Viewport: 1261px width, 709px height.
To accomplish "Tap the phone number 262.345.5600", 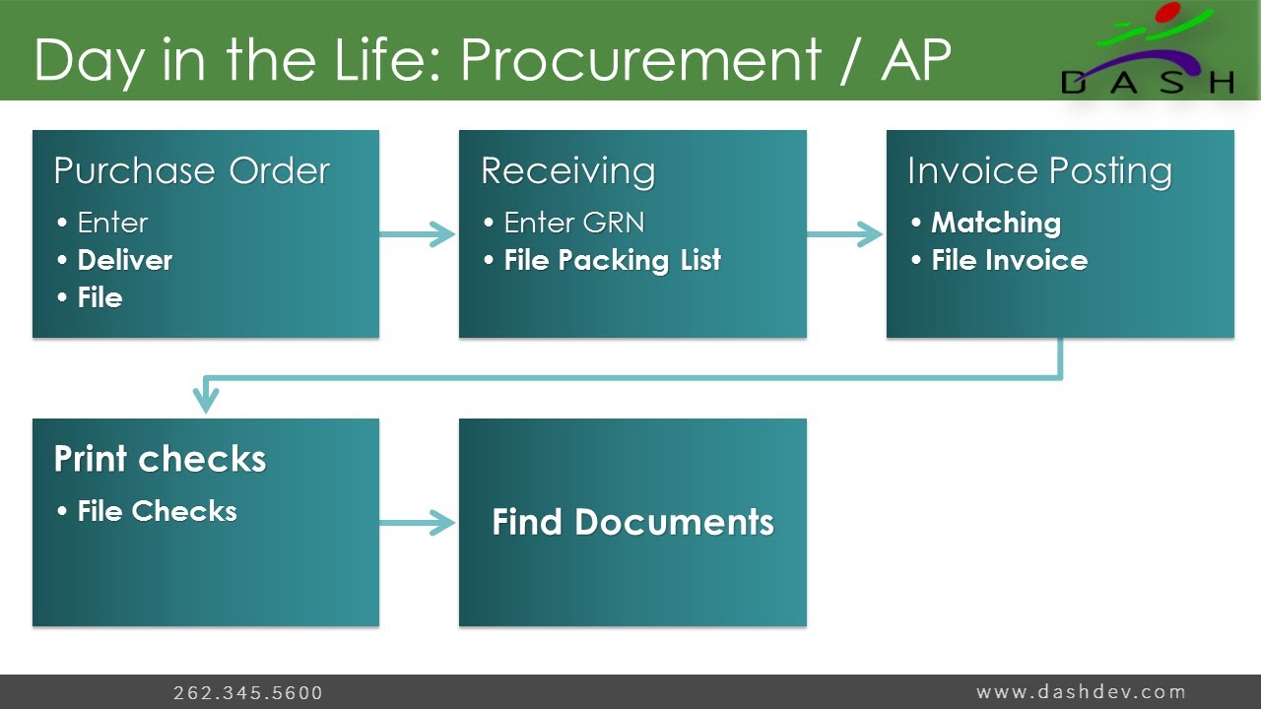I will (x=248, y=693).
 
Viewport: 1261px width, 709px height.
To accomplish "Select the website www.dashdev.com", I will (x=1081, y=691).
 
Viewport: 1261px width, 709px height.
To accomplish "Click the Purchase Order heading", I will (x=191, y=171).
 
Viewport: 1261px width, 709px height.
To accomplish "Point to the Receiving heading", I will (x=567, y=171).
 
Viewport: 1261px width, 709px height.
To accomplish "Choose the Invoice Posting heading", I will (x=1039, y=171).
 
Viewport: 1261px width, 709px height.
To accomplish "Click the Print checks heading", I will (x=160, y=459).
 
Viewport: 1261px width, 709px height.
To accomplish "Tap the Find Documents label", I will (x=632, y=522).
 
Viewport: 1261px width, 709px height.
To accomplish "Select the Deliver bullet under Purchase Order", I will (x=124, y=260).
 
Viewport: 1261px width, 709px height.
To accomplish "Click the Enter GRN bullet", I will (x=573, y=223).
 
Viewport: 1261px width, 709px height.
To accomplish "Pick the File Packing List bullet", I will (x=612, y=260).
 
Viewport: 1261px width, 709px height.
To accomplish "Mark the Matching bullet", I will (x=995, y=223).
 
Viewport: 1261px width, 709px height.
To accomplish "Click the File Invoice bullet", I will (x=1009, y=260).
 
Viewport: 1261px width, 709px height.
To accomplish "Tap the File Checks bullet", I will (x=157, y=511).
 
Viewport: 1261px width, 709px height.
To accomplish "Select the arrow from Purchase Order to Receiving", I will (x=418, y=234).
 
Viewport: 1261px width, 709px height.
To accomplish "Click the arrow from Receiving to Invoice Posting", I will (x=845, y=234).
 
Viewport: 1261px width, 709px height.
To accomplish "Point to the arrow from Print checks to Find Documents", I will (x=418, y=523).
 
